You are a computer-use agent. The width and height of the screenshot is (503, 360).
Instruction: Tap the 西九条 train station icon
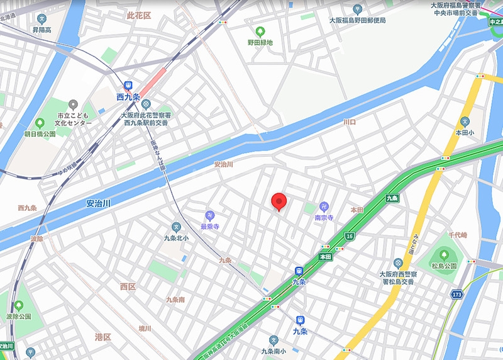[x=129, y=85]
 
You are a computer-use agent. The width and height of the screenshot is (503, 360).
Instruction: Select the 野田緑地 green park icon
[x=260, y=31]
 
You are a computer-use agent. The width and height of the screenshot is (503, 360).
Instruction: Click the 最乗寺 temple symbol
[x=209, y=215]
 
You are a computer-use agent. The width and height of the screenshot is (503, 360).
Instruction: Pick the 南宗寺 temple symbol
[x=324, y=206]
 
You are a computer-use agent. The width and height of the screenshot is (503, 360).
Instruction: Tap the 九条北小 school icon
[x=176, y=227]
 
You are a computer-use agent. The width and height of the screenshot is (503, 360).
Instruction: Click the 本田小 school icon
[x=465, y=121]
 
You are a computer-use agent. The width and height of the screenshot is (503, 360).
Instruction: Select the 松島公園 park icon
[x=444, y=255]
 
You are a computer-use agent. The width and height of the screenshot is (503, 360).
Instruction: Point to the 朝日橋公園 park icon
[x=40, y=123]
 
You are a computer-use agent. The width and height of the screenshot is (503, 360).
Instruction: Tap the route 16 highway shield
[x=350, y=236]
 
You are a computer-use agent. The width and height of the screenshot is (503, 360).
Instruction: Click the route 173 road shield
[x=457, y=294]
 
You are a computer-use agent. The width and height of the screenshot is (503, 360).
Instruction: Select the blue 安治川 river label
[x=98, y=204]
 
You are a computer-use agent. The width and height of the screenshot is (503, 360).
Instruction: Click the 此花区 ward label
[x=139, y=15]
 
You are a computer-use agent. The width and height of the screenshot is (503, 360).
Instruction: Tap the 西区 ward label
[x=128, y=286]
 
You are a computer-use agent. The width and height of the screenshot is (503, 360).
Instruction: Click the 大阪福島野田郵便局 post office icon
[x=357, y=9]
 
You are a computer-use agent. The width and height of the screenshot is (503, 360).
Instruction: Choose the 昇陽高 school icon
[x=41, y=19]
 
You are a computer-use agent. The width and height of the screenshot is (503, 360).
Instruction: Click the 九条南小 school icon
[x=273, y=340]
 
